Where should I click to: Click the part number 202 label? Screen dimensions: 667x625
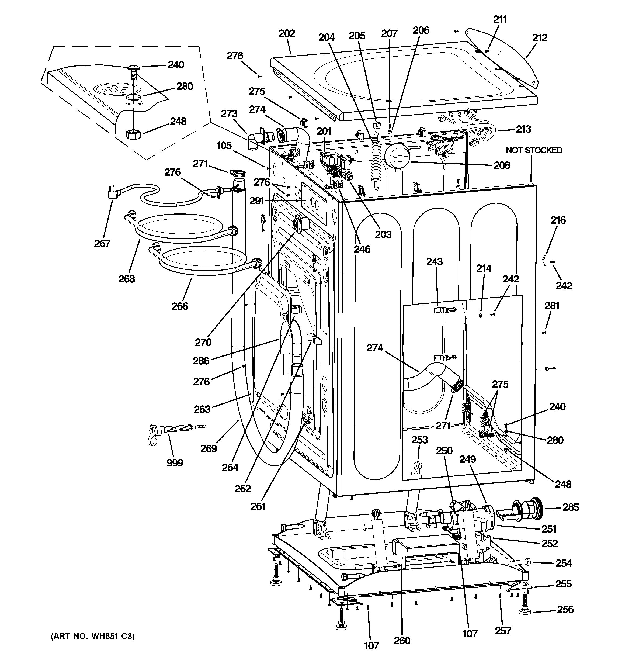pos(287,33)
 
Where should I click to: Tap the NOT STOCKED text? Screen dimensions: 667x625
pos(534,150)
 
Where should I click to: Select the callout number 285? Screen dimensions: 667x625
pos(571,507)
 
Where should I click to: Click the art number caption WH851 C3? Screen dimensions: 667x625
pos(93,636)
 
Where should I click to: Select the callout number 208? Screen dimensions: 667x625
pos(502,165)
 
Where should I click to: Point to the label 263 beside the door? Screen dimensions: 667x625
pos(202,409)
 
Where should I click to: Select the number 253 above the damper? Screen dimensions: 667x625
pos(419,440)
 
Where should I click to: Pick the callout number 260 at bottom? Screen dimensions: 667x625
pos(402,641)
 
